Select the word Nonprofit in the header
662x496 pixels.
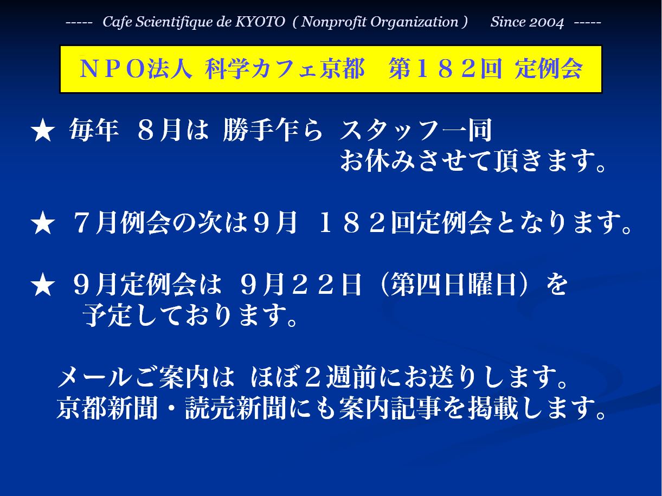(x=334, y=22)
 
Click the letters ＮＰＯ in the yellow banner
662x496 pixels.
(x=112, y=69)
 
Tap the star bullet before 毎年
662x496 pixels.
(x=43, y=130)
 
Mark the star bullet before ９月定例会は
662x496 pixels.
(x=43, y=285)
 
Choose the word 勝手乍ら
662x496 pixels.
(x=273, y=130)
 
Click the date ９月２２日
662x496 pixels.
(x=301, y=285)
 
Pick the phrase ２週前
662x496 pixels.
(x=342, y=377)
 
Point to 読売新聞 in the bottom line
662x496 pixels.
(x=235, y=408)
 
